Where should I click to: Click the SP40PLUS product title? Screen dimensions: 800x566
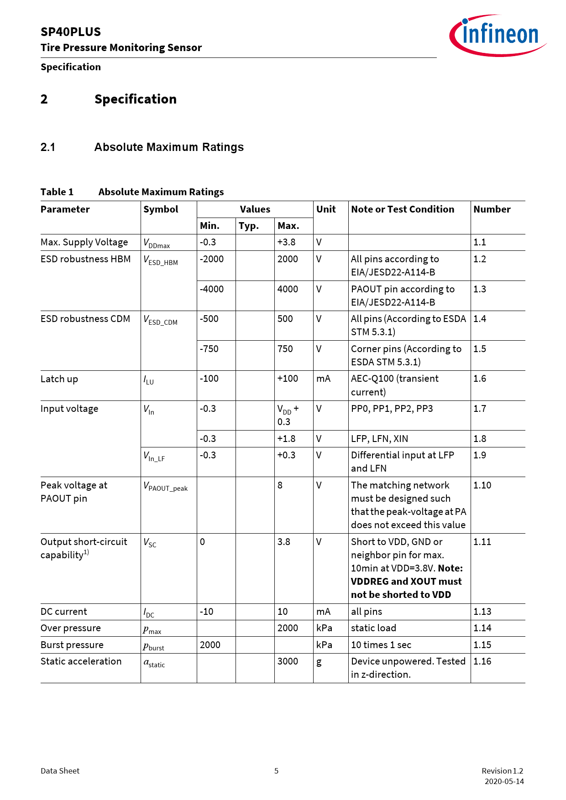[x=71, y=32]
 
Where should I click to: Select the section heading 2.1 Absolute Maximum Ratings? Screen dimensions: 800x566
[x=142, y=147]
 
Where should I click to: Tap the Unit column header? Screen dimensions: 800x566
[x=326, y=209]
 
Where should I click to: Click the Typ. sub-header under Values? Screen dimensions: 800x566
[x=249, y=226]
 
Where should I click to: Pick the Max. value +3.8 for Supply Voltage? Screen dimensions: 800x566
[x=286, y=242]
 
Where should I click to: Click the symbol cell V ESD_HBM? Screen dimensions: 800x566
[x=161, y=260]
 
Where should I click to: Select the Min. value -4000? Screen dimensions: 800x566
[x=212, y=289]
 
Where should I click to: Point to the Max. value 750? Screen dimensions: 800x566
[x=285, y=349]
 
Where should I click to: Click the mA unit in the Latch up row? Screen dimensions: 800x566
[x=323, y=379]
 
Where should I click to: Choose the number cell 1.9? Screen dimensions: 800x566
[x=480, y=455]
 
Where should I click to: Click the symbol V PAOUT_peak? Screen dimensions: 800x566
[x=166, y=487]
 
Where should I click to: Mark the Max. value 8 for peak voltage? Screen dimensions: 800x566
[x=280, y=485]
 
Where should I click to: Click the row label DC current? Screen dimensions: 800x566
[x=64, y=612]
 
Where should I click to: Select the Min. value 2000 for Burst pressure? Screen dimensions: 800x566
[x=210, y=645]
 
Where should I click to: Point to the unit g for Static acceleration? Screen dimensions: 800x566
[x=319, y=662]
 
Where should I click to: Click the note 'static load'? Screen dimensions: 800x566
[x=373, y=628]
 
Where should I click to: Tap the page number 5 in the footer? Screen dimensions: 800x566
[x=276, y=771]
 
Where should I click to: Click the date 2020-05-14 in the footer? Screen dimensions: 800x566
[x=504, y=781]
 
